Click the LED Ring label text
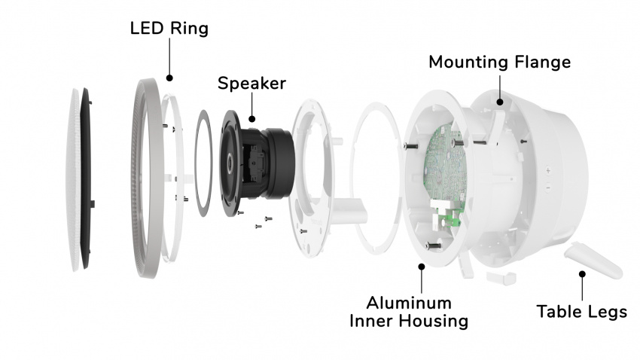point(169,29)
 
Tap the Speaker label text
point(251,83)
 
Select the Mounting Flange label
point(499,63)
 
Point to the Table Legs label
point(581,311)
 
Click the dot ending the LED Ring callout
point(169,77)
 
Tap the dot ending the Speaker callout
point(251,118)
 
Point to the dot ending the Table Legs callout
point(581,275)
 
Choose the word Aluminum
point(410,303)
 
